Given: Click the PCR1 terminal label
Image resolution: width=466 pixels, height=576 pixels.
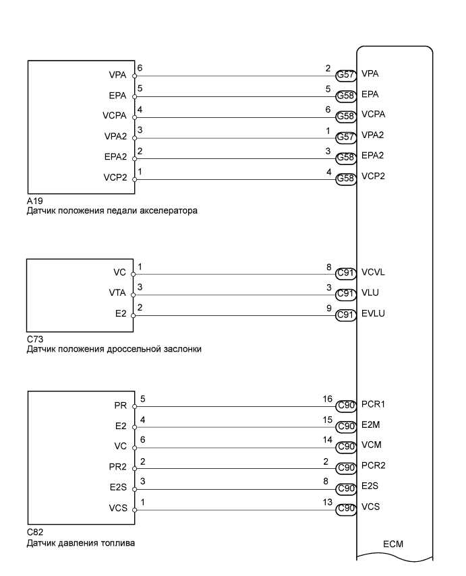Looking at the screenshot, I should tap(374, 404).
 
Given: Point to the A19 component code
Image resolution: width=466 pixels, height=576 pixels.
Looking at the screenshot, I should tap(34, 201).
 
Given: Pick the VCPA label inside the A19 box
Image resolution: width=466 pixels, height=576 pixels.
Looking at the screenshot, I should tap(115, 115).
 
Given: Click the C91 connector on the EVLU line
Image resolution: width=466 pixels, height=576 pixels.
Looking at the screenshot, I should tap(346, 315).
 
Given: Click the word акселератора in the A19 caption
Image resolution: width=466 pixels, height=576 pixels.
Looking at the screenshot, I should tap(177, 210).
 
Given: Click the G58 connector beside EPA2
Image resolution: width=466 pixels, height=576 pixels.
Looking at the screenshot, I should tap(346, 159).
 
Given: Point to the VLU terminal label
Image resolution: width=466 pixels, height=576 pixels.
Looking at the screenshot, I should tap(370, 294).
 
